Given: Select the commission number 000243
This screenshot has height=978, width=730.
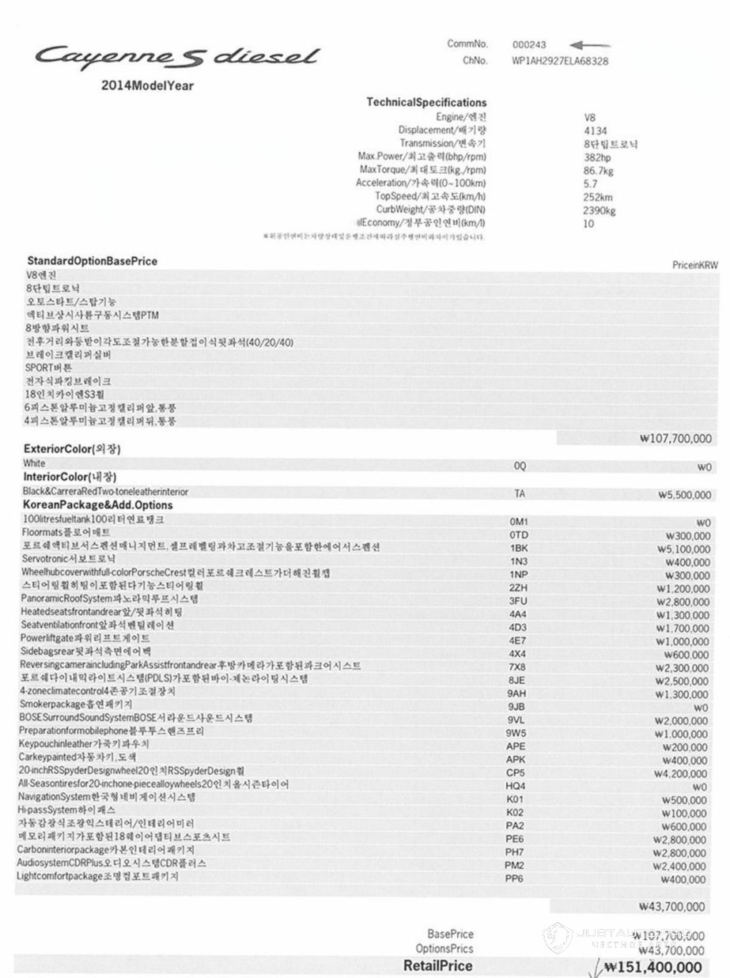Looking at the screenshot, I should (529, 45).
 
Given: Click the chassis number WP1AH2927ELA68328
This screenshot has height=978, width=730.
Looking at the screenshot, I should (560, 60).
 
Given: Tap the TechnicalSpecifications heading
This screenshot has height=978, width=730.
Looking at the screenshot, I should (426, 103).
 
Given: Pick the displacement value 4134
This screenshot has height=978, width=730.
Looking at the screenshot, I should (595, 130).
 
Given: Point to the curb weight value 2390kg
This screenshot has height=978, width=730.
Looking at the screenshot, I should (600, 210).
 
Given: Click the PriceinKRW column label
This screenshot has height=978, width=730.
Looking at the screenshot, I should (694, 266).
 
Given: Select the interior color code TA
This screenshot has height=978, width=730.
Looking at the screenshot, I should (520, 493).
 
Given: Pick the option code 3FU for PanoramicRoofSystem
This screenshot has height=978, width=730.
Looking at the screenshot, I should (518, 601).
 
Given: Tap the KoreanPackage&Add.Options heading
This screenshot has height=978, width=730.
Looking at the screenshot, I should (97, 504).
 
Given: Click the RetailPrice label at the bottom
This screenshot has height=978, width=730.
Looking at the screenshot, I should (437, 965).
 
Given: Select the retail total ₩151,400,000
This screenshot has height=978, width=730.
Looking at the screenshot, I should (652, 967).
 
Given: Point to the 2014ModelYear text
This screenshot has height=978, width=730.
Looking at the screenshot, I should (147, 85).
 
